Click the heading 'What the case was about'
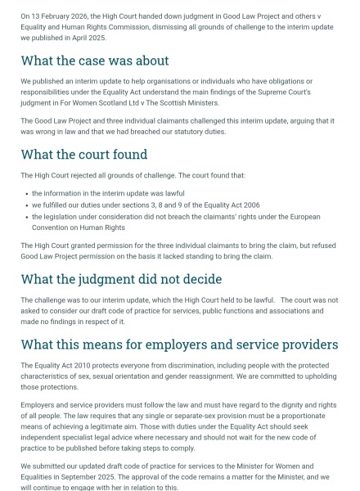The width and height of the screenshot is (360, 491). (x=95, y=61)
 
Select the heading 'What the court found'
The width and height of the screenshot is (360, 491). (x=84, y=154)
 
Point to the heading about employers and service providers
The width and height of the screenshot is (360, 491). (x=179, y=345)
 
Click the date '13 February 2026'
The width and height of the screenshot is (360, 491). (x=61, y=16)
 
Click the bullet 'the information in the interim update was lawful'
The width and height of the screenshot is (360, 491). (x=108, y=193)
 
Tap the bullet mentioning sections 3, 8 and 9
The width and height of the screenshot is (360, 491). (x=146, y=205)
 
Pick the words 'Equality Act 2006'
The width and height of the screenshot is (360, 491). (x=232, y=205)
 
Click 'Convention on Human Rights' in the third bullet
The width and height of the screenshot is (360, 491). (x=79, y=227)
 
